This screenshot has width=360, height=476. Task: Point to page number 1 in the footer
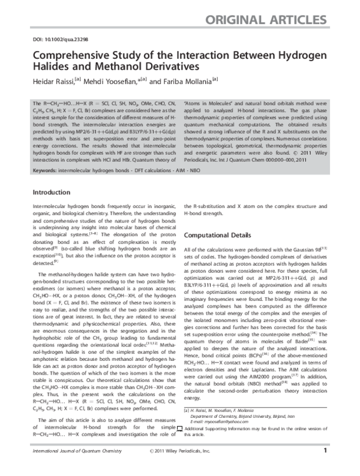click(325, 465)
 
